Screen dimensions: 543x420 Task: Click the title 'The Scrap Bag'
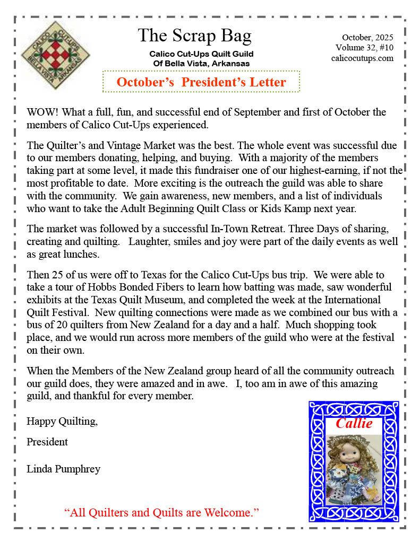(x=194, y=36)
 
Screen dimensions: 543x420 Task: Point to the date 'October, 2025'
(x=367, y=38)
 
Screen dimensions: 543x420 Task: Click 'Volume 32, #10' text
(x=364, y=48)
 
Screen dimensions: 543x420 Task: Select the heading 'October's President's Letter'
(x=201, y=82)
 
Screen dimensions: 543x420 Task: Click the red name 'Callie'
(x=354, y=423)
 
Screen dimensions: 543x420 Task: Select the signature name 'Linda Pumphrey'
(x=63, y=469)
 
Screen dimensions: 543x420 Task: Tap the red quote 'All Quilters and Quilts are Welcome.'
(x=161, y=512)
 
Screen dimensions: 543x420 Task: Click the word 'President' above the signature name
(x=47, y=442)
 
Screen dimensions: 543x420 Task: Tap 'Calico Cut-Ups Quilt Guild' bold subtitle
(x=201, y=54)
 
